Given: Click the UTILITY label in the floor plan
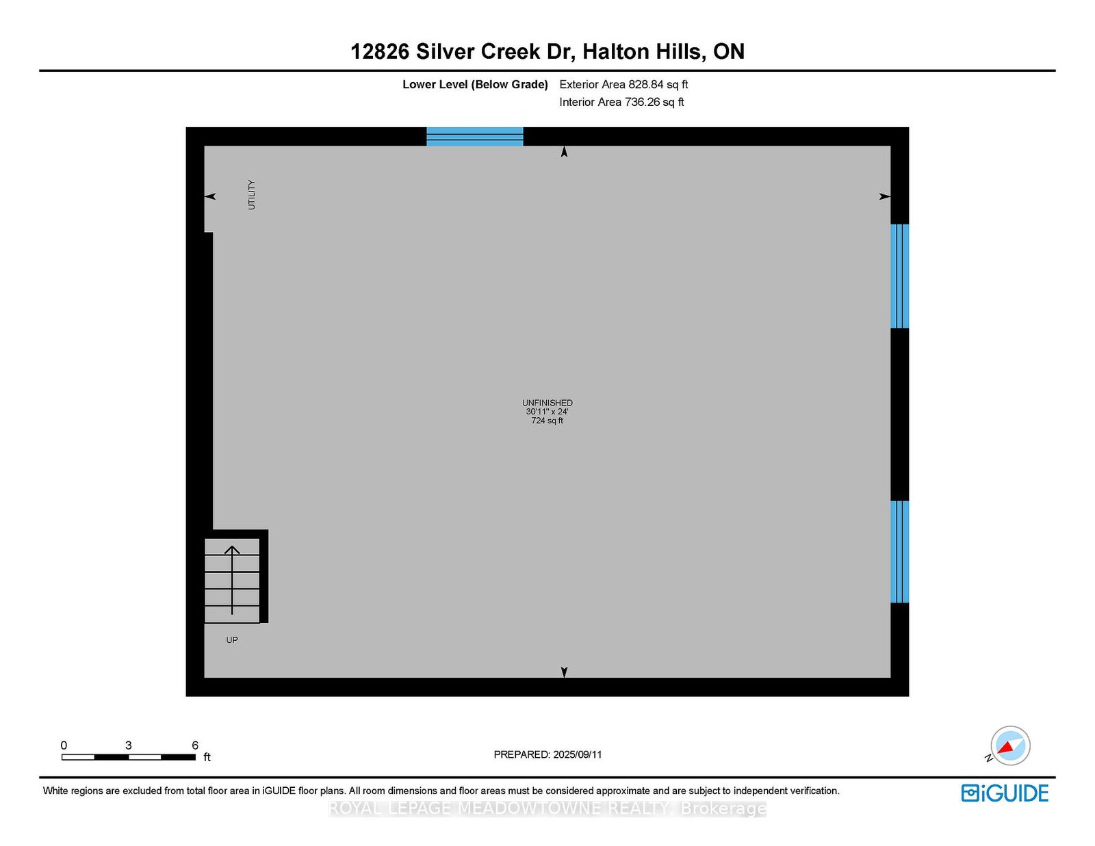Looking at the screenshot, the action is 251,194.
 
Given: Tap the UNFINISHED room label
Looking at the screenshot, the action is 547,403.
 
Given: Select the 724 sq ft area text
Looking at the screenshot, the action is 547,421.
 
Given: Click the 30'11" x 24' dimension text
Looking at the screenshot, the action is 547,412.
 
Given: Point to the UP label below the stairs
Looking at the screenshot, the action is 232,640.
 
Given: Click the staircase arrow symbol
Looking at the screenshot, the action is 232,580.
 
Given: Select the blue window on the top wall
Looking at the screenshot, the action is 475,137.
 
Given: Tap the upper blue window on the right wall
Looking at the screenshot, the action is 899,276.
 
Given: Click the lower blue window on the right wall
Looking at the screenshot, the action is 899,552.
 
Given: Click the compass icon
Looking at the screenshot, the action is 1009,746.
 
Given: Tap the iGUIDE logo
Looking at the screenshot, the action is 1005,793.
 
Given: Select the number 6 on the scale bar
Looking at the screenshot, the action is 195,745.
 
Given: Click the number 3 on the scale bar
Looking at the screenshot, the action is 129,745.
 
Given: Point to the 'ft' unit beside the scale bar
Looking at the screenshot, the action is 207,757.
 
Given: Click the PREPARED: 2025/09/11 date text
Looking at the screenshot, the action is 547,754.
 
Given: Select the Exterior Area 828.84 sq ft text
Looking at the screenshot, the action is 623,84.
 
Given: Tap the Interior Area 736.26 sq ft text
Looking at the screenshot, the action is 621,102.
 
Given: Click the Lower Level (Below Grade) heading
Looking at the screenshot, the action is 475,84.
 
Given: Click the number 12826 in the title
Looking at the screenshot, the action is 380,51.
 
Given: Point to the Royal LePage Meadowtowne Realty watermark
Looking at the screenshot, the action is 547,809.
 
